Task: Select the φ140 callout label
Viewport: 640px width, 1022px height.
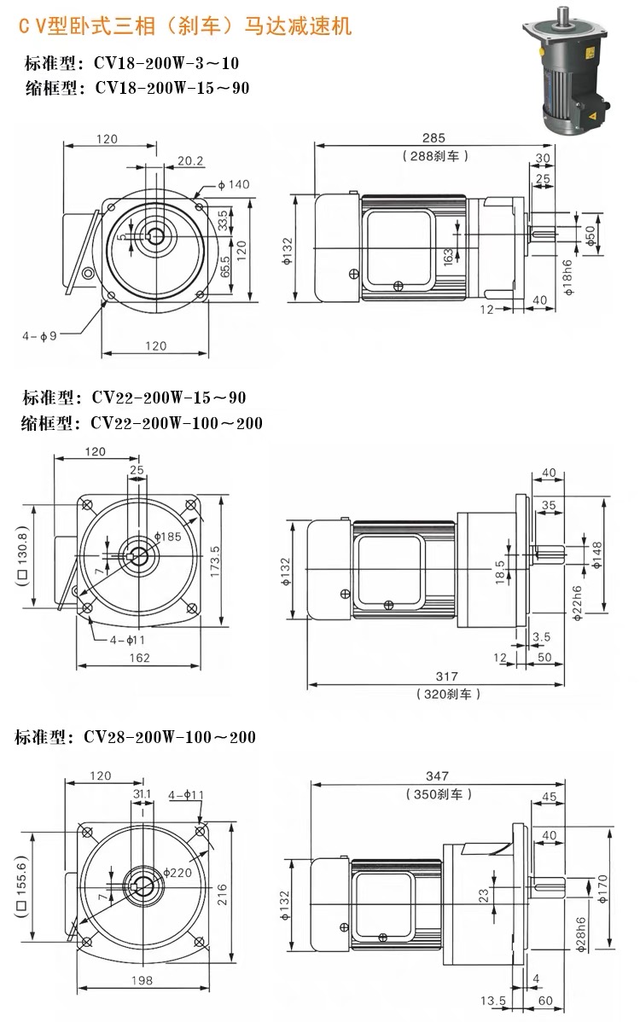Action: point(233,184)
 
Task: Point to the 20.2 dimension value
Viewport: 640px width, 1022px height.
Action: point(191,160)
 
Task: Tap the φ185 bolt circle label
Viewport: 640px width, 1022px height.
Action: point(168,537)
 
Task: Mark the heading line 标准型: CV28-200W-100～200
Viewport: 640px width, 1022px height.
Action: point(135,737)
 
